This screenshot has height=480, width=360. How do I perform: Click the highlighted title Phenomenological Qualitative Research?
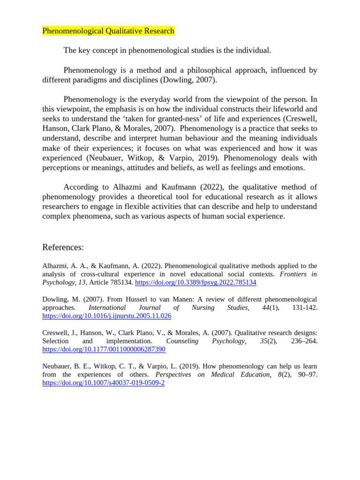click(x=108, y=31)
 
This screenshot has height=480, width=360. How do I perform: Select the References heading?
click(x=63, y=247)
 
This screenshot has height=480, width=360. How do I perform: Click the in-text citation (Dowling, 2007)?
click(x=189, y=80)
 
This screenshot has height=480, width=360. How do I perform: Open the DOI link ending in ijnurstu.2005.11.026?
click(x=107, y=316)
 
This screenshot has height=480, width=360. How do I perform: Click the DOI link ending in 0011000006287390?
click(x=104, y=349)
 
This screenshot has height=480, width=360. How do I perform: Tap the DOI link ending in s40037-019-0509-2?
click(x=104, y=382)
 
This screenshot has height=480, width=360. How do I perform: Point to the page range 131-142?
click(x=304, y=307)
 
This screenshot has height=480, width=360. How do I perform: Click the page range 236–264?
click(x=304, y=341)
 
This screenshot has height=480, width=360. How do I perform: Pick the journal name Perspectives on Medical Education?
click(x=213, y=374)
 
